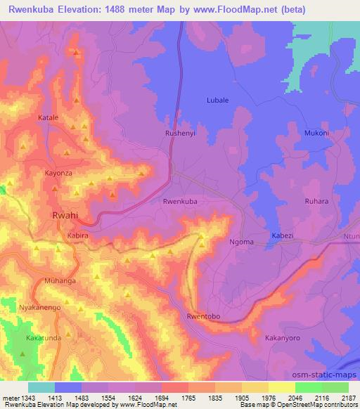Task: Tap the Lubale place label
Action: pyautogui.click(x=217, y=100)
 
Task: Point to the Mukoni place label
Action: pyautogui.click(x=316, y=133)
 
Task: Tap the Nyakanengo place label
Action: pyautogui.click(x=40, y=308)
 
